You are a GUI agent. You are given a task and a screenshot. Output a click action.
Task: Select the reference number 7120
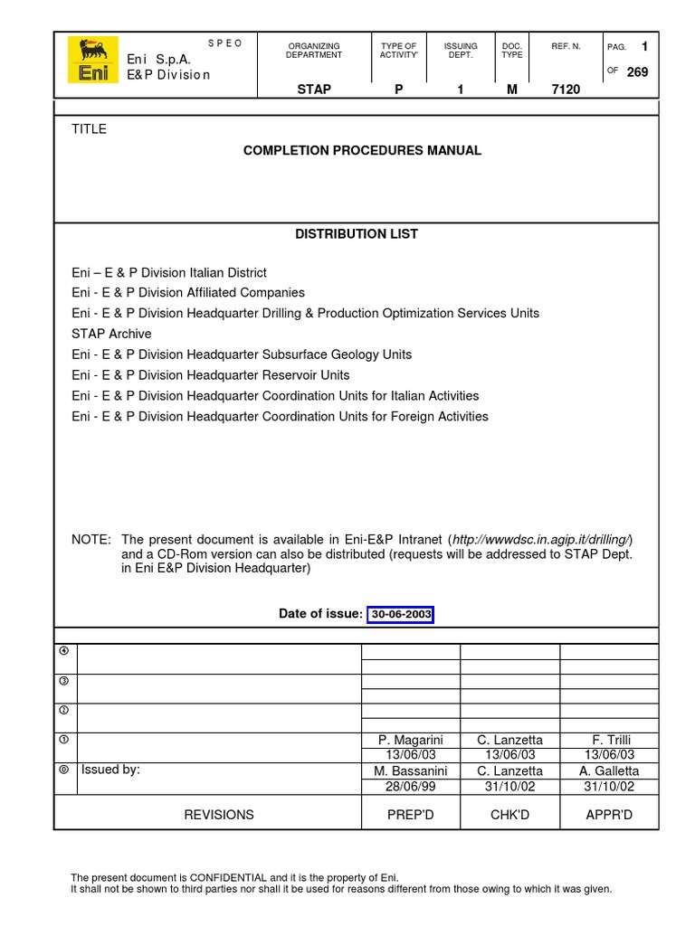click(566, 90)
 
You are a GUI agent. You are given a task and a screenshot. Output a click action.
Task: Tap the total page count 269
click(637, 72)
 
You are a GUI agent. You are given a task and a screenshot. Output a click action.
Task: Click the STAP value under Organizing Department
click(314, 90)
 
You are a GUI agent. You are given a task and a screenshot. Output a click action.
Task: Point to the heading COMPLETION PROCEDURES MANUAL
click(362, 151)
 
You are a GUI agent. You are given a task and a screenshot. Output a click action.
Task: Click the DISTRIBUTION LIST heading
click(357, 234)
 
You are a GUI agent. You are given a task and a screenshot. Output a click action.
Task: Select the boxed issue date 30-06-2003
click(401, 615)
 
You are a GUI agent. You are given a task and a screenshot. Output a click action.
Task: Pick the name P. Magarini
click(410, 741)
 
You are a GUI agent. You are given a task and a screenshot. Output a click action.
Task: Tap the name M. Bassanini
click(410, 771)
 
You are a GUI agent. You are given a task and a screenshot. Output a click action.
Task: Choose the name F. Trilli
click(609, 741)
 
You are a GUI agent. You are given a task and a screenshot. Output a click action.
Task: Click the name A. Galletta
click(609, 771)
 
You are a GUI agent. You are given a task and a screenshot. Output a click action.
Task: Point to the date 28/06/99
click(410, 787)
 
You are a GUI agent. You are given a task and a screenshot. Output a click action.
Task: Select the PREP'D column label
click(410, 815)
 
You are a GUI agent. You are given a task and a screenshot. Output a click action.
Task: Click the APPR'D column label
click(609, 815)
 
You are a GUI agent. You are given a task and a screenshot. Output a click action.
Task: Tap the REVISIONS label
click(219, 815)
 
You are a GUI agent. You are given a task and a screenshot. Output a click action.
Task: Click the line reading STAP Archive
click(111, 334)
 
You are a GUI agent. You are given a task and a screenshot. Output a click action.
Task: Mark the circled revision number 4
click(64, 651)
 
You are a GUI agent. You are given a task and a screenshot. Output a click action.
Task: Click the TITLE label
click(89, 129)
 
